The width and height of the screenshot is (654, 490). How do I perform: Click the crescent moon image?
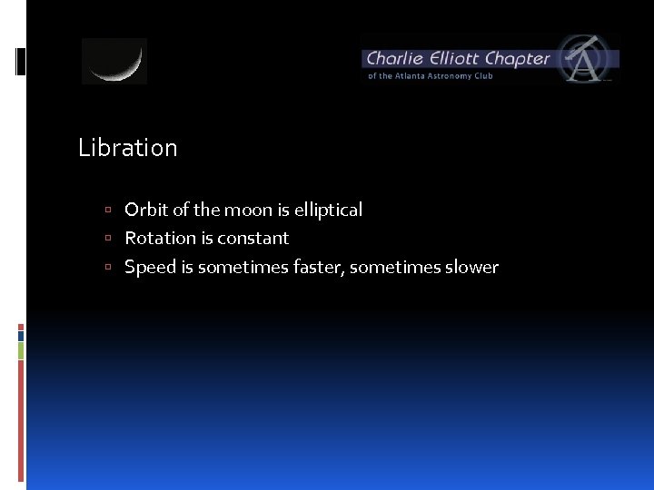coord(114,62)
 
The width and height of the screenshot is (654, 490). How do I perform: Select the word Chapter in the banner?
coord(518,59)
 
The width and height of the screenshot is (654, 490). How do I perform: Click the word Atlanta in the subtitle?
coord(414,76)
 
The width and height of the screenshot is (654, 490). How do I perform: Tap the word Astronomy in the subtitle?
coord(453,76)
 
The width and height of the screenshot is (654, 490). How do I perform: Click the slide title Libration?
coord(128,148)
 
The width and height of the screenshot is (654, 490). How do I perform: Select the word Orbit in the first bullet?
coord(146,210)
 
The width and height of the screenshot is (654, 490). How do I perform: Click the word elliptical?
coord(327,210)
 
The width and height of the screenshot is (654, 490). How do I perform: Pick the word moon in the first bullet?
coord(248,210)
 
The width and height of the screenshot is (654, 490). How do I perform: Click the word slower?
coord(471,267)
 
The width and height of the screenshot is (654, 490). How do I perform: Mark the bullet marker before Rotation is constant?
coord(107,239)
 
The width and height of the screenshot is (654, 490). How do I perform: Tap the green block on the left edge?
coord(21,350)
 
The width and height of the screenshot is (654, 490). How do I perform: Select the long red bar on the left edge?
coord(21,417)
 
